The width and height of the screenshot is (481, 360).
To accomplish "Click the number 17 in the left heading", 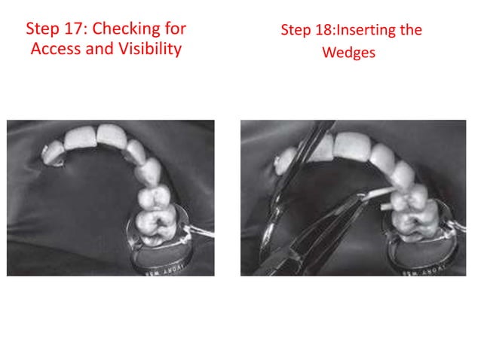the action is coord(72,29).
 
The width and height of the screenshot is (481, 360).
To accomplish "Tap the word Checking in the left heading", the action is coord(126,29).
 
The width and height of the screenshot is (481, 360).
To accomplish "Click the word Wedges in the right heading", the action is coord(349,53).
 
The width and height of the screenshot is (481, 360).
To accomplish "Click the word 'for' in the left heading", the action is coord(176,29).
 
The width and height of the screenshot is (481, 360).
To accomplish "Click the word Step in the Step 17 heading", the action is coord(42,29).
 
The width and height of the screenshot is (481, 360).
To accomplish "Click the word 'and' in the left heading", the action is coord(100,49).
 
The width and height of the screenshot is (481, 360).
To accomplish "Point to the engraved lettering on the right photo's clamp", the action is coord(424,271).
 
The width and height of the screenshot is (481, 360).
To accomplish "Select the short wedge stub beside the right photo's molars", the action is coord(386,207).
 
